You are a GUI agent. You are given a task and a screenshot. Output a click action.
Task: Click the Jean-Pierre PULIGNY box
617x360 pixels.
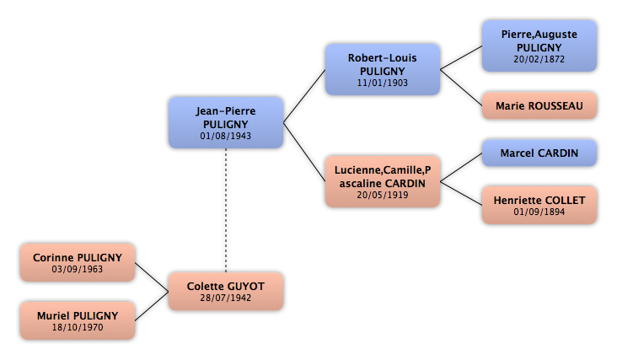tap(226, 123)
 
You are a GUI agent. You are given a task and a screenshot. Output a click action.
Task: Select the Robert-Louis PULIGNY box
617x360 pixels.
tap(383, 70)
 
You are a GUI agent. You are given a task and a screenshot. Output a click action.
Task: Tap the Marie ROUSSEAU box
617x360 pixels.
tap(539, 105)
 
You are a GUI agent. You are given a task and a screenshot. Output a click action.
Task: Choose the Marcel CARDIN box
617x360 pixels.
tap(539, 153)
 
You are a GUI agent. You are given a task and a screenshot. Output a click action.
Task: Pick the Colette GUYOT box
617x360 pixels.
tap(226, 291)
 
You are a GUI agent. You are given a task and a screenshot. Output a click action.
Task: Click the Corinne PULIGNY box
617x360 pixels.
tap(78, 262)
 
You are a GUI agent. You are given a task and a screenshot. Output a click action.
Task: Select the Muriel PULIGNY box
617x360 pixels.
tap(78, 320)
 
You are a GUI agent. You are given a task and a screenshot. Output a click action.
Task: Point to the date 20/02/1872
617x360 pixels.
tap(539, 59)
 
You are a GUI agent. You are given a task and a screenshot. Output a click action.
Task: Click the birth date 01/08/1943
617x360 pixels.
tap(225, 136)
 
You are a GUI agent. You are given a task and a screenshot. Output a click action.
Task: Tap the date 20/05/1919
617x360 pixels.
tap(383, 195)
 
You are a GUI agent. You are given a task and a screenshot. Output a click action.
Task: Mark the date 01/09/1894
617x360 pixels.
tap(539, 212)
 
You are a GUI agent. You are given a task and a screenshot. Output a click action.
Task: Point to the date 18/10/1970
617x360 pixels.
tap(78, 327)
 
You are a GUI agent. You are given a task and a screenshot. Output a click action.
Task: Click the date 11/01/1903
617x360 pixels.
tap(383, 83)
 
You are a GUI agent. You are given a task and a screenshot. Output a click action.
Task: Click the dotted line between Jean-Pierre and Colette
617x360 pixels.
tap(226, 211)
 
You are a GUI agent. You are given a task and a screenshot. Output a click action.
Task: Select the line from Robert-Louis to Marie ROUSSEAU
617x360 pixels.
tap(461, 88)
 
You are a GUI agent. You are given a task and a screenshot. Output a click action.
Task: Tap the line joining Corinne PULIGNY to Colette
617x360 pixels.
tap(152, 277)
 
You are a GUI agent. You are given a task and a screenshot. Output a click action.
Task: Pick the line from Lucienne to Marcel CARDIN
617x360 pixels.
tap(461, 167)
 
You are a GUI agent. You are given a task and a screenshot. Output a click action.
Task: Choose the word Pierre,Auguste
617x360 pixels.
tap(539, 35)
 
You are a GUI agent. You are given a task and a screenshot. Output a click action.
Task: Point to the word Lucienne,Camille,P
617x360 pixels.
tap(383, 170)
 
